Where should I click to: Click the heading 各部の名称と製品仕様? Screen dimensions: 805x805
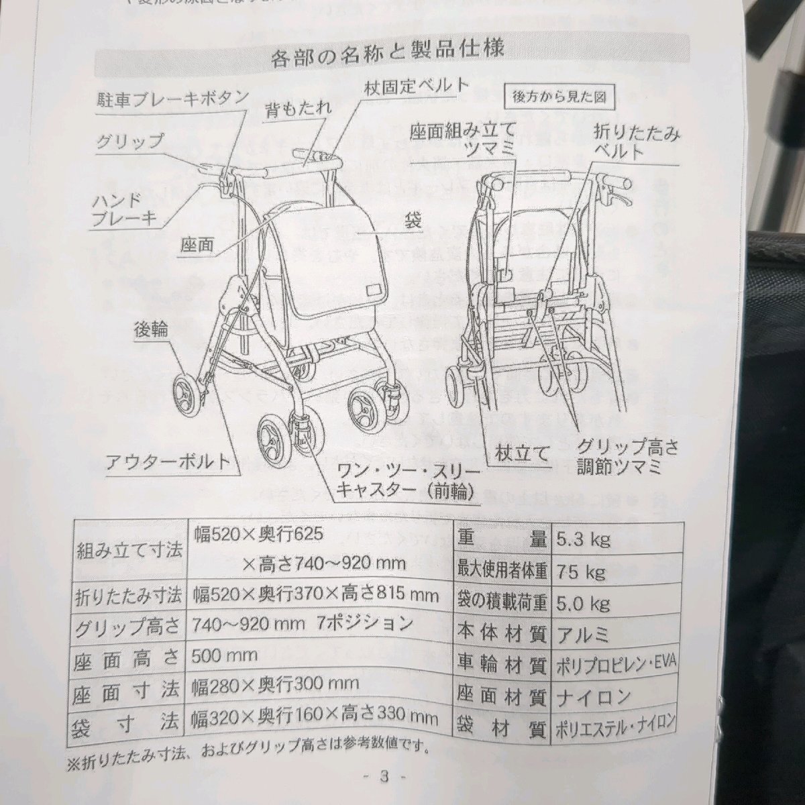click(x=394, y=55)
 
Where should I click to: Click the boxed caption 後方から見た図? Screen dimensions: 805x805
click(x=559, y=96)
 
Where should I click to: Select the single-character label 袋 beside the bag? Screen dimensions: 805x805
click(x=413, y=221)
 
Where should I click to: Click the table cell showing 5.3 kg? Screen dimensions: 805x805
click(x=583, y=539)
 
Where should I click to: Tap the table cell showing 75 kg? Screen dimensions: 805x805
click(x=580, y=572)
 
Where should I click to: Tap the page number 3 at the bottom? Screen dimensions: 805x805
click(x=384, y=777)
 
